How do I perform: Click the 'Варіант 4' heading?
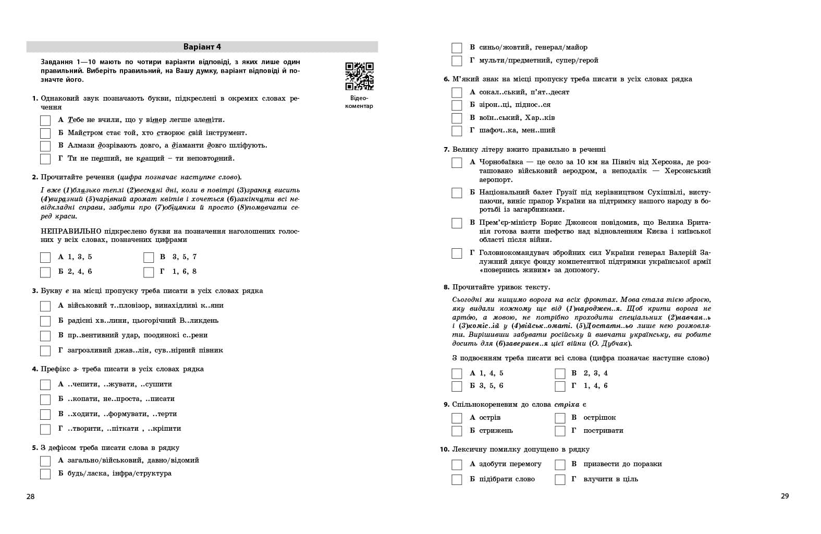202,47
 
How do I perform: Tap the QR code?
359,76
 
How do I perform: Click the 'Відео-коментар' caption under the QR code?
359,102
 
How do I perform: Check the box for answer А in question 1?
45,120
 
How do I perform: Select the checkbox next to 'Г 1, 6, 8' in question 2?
149,272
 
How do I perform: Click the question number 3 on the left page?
35,291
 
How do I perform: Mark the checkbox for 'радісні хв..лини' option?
45,321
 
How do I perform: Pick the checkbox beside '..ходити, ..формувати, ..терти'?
45,414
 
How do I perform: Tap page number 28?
30,496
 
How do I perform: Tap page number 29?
785,496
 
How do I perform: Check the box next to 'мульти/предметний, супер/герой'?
457,60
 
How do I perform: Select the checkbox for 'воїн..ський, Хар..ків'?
457,118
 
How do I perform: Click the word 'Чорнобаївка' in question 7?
501,162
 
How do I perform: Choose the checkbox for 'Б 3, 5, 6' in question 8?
457,386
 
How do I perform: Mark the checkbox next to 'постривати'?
560,431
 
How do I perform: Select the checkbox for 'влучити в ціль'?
560,479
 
